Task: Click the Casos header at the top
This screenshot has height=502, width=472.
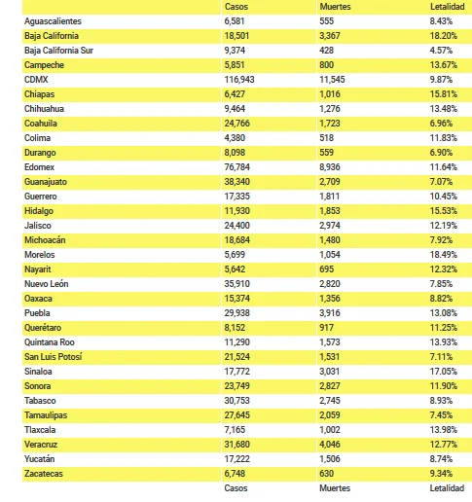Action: (x=236, y=7)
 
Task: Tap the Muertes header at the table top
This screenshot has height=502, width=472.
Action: (x=335, y=7)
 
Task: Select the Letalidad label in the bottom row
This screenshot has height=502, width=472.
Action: (x=447, y=488)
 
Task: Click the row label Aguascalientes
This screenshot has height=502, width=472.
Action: (x=53, y=21)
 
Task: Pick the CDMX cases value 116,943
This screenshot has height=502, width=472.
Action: (x=239, y=80)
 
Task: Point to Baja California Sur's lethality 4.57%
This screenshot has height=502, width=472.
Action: (x=441, y=51)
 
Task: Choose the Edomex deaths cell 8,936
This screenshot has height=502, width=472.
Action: (x=330, y=167)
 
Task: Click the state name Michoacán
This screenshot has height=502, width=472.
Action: (x=45, y=240)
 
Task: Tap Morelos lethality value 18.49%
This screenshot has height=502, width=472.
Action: (x=444, y=255)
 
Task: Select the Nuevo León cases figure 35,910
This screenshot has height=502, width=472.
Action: (x=237, y=284)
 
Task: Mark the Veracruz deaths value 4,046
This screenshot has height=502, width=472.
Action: (x=330, y=445)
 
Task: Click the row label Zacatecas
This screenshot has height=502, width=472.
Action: (x=44, y=474)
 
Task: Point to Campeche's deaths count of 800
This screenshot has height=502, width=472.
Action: (x=327, y=65)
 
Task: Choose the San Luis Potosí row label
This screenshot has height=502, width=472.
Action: (x=54, y=357)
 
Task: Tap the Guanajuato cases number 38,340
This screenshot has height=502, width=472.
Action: (x=237, y=182)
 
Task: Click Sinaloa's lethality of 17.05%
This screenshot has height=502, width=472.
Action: (x=444, y=372)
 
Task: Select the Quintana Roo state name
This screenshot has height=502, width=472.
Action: (x=50, y=342)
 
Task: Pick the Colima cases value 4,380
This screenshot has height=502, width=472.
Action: (x=235, y=138)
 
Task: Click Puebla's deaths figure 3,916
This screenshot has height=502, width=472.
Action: (x=330, y=313)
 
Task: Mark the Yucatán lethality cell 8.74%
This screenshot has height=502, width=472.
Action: (x=441, y=459)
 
